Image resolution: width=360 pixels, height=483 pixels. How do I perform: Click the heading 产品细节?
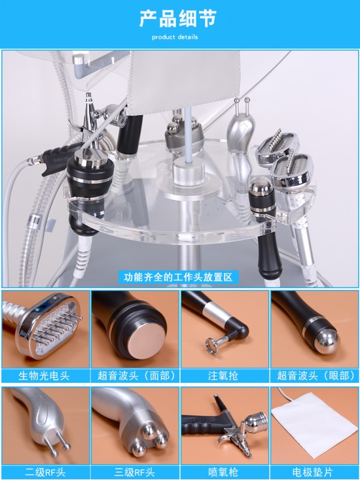[x=178, y=19]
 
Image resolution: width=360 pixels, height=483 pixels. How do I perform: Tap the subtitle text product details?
[x=175, y=37]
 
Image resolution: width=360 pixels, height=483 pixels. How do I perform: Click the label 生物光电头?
[x=44, y=376]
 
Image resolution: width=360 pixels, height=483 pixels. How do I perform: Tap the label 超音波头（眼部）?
[x=316, y=376]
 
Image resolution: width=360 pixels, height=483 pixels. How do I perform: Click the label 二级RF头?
[x=45, y=472]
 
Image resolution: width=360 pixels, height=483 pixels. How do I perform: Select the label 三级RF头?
[x=134, y=472]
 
